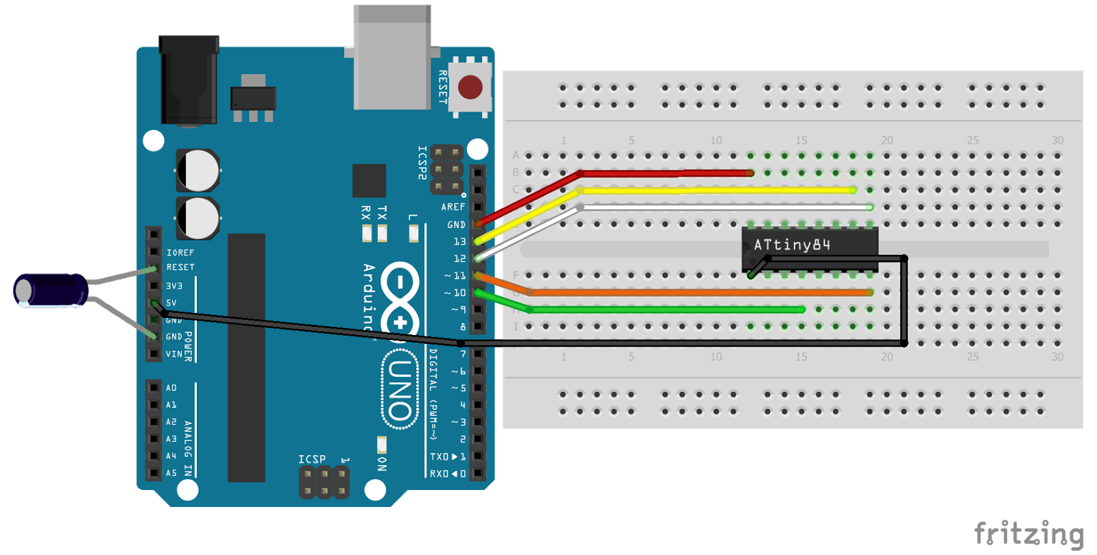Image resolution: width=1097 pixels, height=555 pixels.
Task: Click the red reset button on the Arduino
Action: pyautogui.click(x=470, y=87)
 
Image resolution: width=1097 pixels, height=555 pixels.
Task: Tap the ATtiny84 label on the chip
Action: pyautogui.click(x=792, y=245)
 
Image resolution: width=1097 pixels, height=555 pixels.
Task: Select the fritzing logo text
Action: pyautogui.click(x=1029, y=534)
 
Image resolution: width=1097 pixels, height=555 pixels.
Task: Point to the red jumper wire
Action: pyautogui.click(x=665, y=173)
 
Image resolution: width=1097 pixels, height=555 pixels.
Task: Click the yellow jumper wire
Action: pyautogui.click(x=713, y=190)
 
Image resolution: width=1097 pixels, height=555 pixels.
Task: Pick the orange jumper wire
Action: pyautogui.click(x=699, y=293)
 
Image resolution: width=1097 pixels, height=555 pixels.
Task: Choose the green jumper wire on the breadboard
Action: pyautogui.click(x=665, y=310)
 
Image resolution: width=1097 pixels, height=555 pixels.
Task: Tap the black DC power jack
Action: pyautogui.click(x=189, y=82)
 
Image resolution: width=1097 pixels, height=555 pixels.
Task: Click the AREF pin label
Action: pyautogui.click(x=453, y=207)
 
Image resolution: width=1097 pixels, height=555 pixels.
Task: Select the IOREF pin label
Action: pyautogui.click(x=180, y=253)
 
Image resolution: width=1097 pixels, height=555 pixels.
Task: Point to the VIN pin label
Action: pyautogui.click(x=174, y=354)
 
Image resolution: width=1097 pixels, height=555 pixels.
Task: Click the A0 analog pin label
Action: pyautogui.click(x=171, y=388)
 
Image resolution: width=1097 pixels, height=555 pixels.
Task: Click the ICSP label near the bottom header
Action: pyautogui.click(x=312, y=459)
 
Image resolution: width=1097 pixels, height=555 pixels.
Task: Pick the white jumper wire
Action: pyautogui.click(x=720, y=207)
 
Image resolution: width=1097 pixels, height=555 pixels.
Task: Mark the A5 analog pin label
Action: pyautogui.click(x=171, y=473)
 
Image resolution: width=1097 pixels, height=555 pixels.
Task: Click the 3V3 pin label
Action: pyautogui.click(x=174, y=286)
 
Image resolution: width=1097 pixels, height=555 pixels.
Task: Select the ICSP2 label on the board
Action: pyautogui.click(x=422, y=162)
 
